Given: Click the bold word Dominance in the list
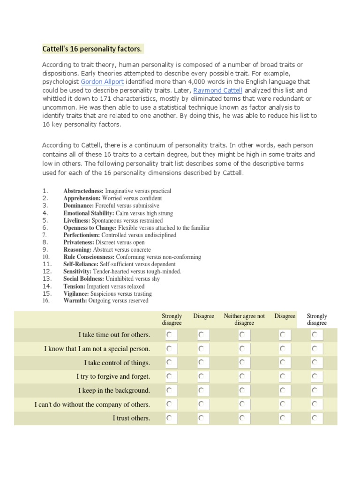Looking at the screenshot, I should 79,205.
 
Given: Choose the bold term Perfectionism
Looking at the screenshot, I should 82,235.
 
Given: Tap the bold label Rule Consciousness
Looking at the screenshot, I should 89,257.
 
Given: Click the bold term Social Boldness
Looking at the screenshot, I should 84,278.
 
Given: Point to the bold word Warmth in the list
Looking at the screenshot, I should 75,300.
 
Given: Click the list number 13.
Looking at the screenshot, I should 46,278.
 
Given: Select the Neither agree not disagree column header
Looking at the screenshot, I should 244,319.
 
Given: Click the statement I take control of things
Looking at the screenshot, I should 117,363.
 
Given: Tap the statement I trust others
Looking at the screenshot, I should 131,418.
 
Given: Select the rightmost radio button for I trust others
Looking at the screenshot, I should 315,418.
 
